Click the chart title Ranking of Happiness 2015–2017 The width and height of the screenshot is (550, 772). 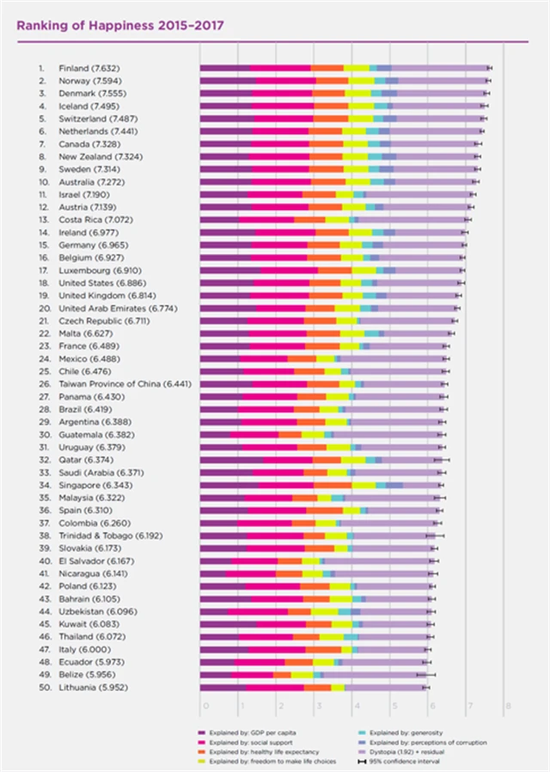tap(119, 25)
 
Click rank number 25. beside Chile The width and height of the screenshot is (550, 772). tap(40, 371)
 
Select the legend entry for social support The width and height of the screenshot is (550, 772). tap(250, 740)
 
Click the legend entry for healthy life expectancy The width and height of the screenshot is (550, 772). tap(259, 750)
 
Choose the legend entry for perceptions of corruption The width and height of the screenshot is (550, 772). tap(430, 740)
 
